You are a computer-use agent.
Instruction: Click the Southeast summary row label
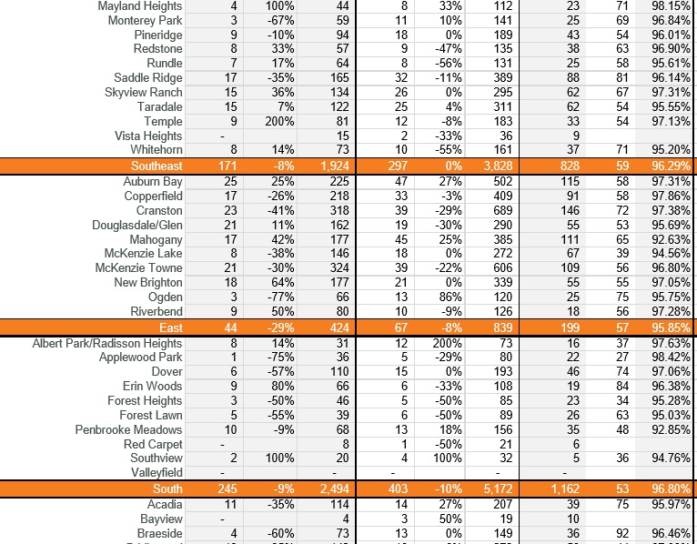(156, 166)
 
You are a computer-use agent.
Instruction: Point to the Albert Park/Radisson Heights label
(107, 343)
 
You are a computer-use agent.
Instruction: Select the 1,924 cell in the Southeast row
(333, 166)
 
